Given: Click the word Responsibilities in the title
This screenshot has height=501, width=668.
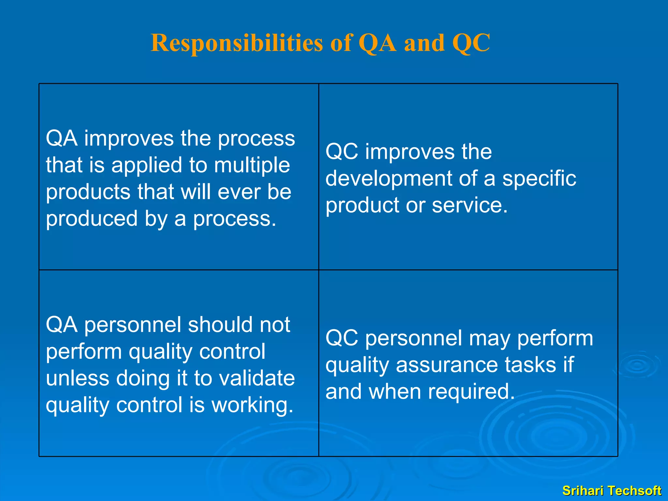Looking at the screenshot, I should point(236,43).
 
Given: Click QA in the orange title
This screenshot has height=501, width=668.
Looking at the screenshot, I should point(377,43).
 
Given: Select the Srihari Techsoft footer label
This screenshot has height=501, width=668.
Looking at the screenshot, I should point(612,491).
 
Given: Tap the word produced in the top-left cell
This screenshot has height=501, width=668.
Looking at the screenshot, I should point(92,219).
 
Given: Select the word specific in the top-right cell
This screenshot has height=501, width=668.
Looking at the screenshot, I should point(539,179).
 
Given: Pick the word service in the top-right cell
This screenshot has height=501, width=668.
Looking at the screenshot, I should point(469,205).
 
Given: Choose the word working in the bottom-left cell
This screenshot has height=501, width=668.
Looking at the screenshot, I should point(252,405).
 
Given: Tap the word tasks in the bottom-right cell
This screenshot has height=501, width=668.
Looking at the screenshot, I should point(530,365).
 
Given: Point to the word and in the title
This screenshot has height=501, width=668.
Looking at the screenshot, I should point(424,43).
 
